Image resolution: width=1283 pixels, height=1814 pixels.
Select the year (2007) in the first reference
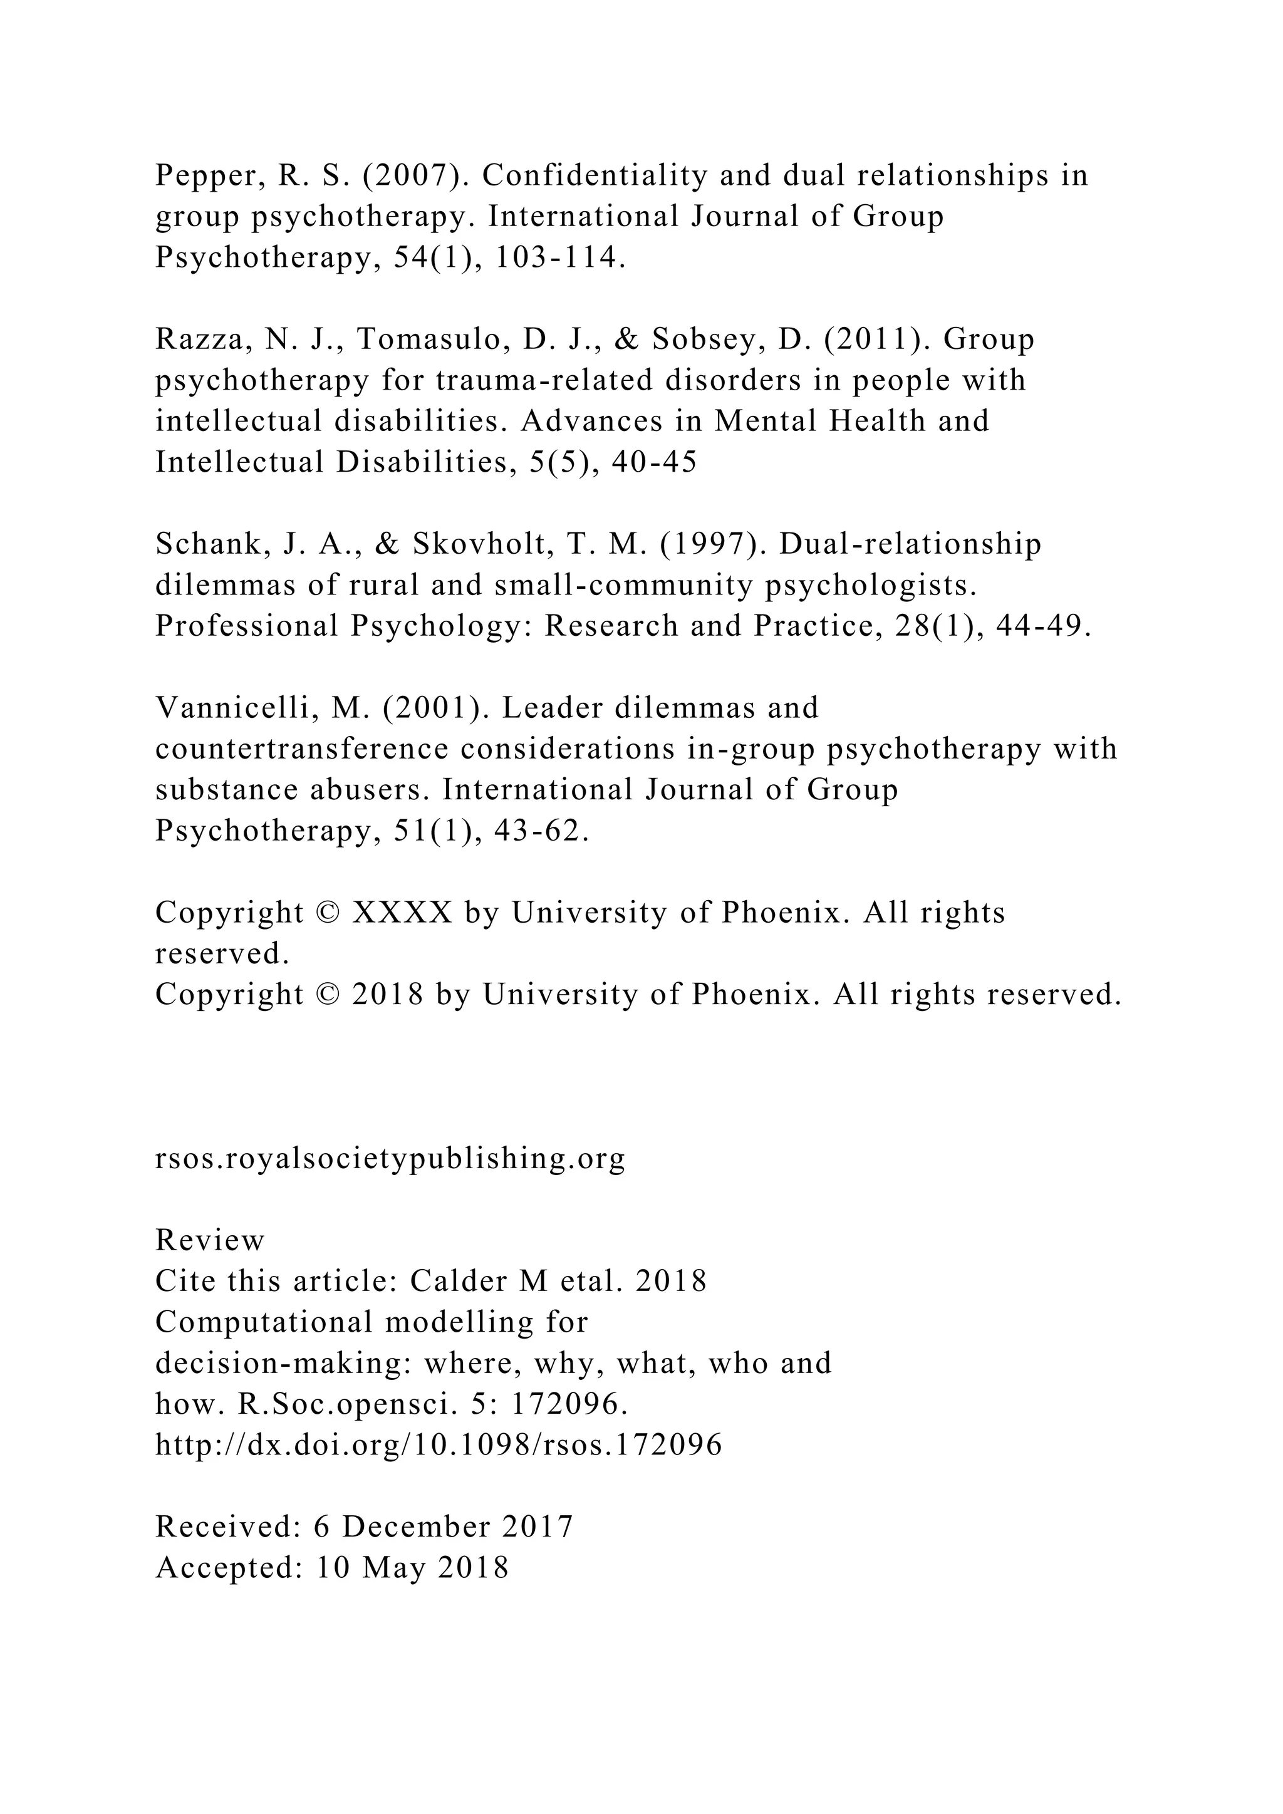pos(415,176)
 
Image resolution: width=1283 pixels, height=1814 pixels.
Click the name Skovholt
pos(472,544)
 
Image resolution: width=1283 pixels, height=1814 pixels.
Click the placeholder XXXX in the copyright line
pos(402,913)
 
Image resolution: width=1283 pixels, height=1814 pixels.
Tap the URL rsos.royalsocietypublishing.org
pos(390,1158)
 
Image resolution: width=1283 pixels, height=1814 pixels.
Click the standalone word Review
pos(209,1240)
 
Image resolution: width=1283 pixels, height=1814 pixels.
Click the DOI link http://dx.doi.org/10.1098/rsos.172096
pos(439,1445)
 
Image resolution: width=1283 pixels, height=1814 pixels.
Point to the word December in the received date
pos(417,1526)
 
